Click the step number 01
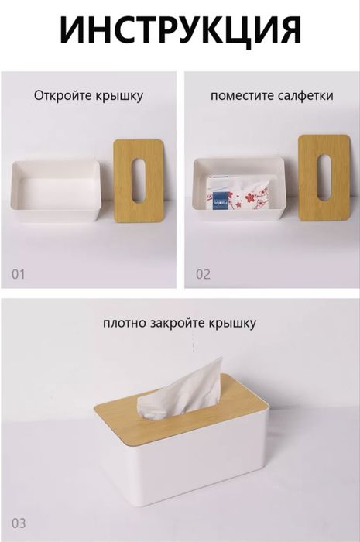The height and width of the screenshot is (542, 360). pos(18,274)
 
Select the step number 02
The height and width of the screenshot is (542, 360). pos(203,274)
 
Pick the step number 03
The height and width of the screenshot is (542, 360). pos(18,523)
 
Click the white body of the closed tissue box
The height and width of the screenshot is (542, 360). pos(186,465)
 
